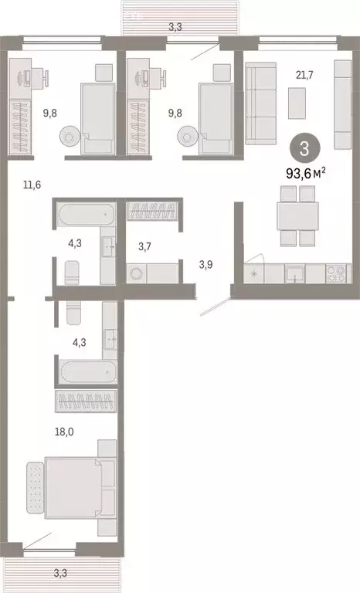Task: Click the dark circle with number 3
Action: click(304, 149)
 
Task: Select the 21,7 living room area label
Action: click(304, 75)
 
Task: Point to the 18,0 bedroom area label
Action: click(64, 432)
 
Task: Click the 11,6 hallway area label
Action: click(32, 185)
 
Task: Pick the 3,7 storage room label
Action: click(144, 247)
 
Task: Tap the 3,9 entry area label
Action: click(205, 265)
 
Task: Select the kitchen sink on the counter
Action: click(295, 273)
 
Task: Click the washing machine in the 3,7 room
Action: click(136, 273)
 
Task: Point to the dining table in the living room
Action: click(297, 216)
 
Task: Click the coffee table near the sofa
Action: click(297, 103)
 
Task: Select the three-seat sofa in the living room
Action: click(261, 103)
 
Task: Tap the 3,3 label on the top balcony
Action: click(175, 27)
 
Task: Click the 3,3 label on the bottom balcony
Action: click(59, 573)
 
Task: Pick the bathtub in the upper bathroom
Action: click(86, 215)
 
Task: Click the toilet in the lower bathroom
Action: click(74, 313)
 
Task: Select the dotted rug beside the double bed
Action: click(36, 487)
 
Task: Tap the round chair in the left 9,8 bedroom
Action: click(70, 137)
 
